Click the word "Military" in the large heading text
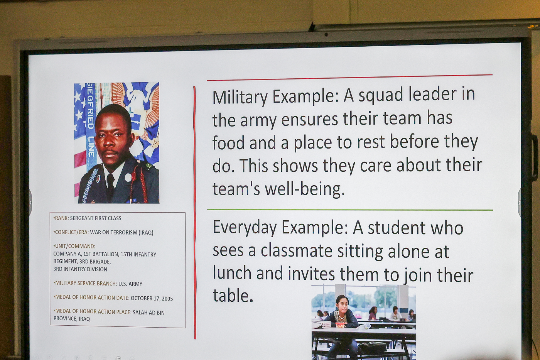pos(240,97)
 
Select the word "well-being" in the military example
pos(305,189)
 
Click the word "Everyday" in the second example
pos(245,228)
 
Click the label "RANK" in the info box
pos(61,218)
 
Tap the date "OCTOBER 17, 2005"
pos(152,298)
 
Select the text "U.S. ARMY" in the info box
pos(130,284)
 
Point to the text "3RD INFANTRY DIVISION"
pos(80,269)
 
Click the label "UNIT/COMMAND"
pos(75,246)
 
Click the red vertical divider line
pos(195,212)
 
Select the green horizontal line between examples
pos(350,210)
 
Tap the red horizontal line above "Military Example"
pos(349,78)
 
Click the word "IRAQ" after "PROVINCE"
pos(84,319)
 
